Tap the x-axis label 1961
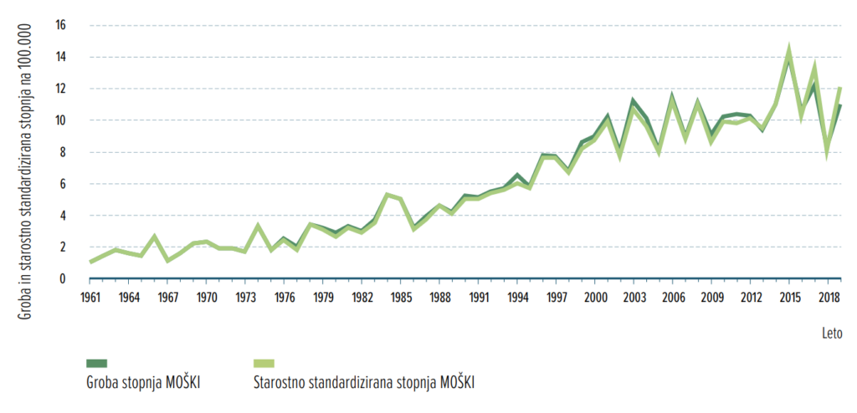point(90,298)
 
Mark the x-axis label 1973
point(245,298)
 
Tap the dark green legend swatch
point(98,363)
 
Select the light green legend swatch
point(264,363)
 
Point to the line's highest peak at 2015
point(788,50)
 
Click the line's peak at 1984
point(387,195)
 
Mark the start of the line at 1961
point(90,262)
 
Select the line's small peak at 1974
point(258,225)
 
